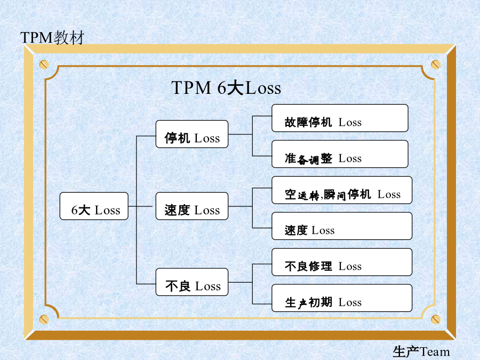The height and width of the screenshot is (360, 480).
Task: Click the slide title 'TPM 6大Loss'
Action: coord(226,87)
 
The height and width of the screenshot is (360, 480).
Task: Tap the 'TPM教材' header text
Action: coord(52,38)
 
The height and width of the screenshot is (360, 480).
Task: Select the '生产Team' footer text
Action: coord(421,351)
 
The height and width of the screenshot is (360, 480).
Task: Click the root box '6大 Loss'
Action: coord(94,206)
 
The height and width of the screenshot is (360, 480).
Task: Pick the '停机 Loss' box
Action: coord(192,134)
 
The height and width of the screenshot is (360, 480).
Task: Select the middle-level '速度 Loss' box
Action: coord(192,206)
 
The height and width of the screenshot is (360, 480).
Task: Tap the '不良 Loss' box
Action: coord(192,282)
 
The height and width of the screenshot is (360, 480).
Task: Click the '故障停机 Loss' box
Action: coord(340,118)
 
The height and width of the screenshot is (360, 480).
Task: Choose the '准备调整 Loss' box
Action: coord(340,154)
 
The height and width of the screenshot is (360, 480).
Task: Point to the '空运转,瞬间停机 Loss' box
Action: coord(342,190)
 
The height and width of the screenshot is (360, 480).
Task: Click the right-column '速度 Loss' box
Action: coord(342,226)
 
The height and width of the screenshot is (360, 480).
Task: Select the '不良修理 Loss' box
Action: coord(342,262)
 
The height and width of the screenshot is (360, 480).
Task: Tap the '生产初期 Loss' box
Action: coord(342,298)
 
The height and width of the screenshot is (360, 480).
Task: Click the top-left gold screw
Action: coord(44,65)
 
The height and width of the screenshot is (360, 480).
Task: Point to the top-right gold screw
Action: coord(436,65)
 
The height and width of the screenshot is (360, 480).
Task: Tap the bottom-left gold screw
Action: coord(44,319)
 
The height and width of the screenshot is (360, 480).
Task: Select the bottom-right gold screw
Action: coord(436,319)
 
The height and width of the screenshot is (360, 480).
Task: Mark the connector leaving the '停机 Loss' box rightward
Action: coord(241,134)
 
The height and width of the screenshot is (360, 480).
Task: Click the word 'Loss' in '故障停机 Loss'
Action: coord(350,123)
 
